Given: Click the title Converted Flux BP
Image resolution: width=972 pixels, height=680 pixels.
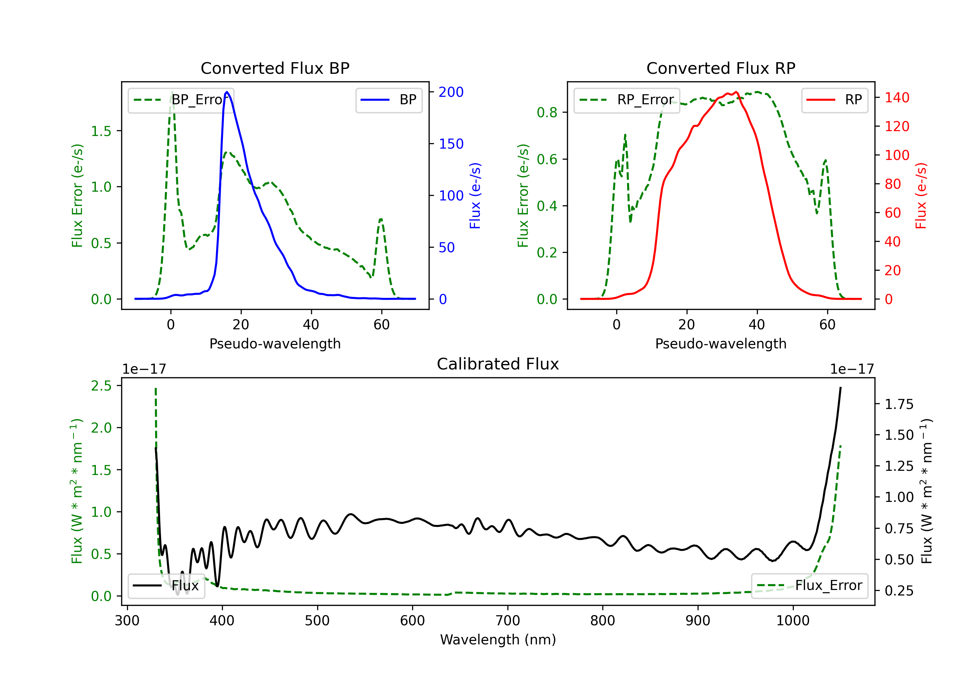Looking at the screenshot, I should pos(275,68).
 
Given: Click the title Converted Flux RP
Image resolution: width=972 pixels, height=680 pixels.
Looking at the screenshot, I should pos(721,68).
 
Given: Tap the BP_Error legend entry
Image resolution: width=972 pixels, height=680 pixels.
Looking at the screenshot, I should pos(181,100).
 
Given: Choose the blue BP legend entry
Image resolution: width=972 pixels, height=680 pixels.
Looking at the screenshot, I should pos(388,100).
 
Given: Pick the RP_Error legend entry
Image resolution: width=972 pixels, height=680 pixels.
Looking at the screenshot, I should pos(627,100).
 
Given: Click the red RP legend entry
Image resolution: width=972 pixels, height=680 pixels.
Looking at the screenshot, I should pos(834,100).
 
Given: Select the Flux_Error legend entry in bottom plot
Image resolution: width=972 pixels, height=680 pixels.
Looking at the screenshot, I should pos(809,586).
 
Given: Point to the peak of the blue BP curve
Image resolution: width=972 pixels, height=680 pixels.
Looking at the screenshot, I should pos(227,92).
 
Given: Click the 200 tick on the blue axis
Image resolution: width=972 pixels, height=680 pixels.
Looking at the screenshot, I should pos(451,92).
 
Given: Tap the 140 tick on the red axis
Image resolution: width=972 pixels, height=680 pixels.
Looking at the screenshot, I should pos(897,98).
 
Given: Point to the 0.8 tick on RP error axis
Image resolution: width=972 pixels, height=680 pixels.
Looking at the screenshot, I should pos(547,113).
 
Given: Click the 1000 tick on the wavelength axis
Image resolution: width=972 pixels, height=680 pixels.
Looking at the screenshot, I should pos(793,621).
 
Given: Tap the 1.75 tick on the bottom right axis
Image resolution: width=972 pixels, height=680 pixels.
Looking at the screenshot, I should pos(899,404).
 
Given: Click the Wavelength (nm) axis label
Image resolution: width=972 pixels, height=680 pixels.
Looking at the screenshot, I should pos(498,640).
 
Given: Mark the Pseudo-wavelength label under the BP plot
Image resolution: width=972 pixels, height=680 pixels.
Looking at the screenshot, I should pos(275,344).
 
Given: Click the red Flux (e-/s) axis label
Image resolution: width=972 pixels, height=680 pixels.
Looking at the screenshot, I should pos(921,196).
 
